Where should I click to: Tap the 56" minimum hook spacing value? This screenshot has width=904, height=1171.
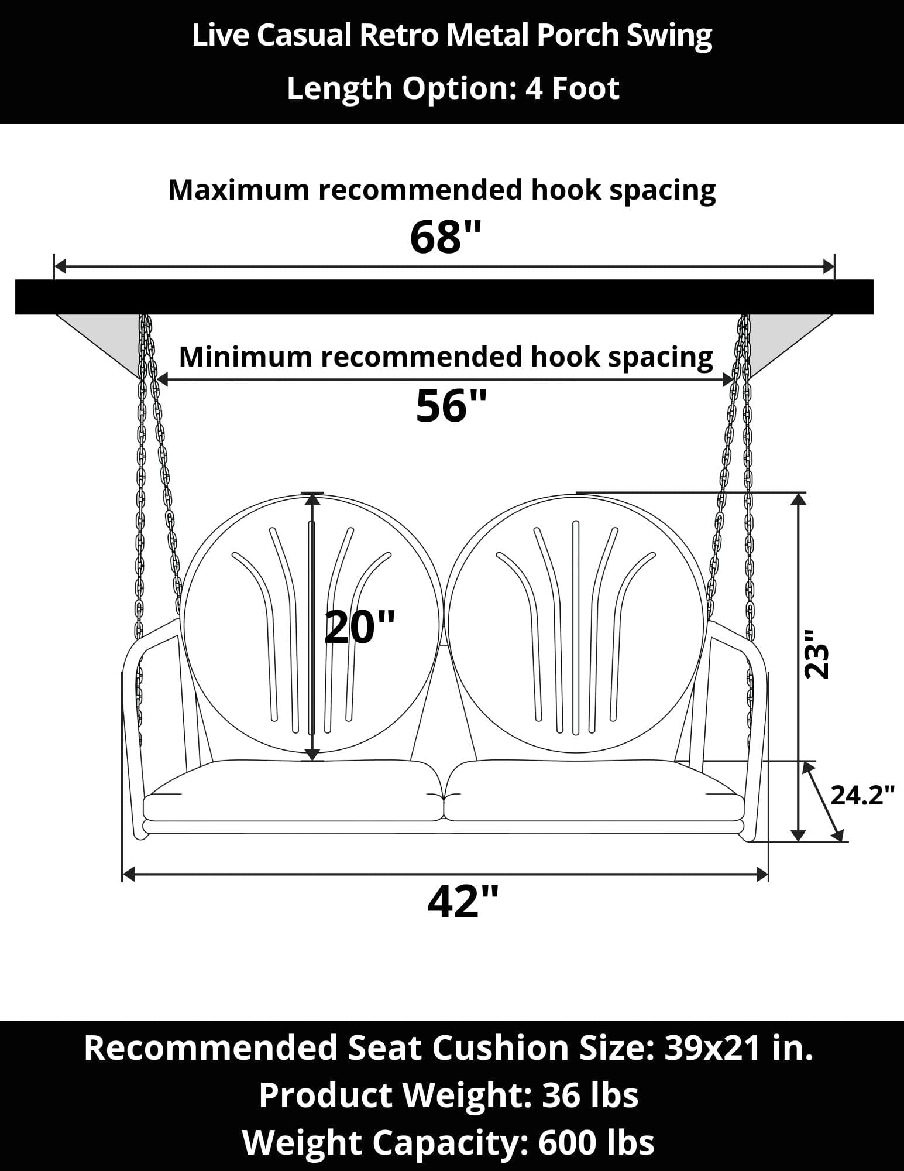click(451, 406)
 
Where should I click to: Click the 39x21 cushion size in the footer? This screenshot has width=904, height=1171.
click(711, 1048)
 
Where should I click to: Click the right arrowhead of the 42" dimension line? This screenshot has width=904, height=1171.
click(762, 875)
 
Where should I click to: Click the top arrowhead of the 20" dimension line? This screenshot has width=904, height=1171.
click(313, 499)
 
